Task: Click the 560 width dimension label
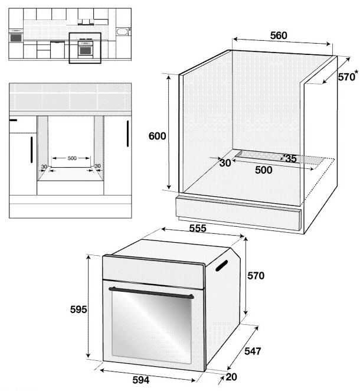279,35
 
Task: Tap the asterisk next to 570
357,73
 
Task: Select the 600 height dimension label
157,136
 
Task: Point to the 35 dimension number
291,159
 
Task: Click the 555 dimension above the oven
198,228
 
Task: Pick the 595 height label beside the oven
78,309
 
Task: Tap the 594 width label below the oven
141,380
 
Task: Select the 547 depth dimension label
253,351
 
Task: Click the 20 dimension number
231,377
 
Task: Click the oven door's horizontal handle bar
151,293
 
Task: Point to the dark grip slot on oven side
221,265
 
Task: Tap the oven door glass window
152,327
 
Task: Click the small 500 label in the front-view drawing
72,158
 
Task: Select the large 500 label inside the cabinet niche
264,170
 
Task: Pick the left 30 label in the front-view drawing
44,167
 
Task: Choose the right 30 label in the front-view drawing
97,166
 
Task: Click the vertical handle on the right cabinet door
127,133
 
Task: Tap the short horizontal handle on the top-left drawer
13,120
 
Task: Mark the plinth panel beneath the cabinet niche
238,213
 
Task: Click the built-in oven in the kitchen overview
86,48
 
